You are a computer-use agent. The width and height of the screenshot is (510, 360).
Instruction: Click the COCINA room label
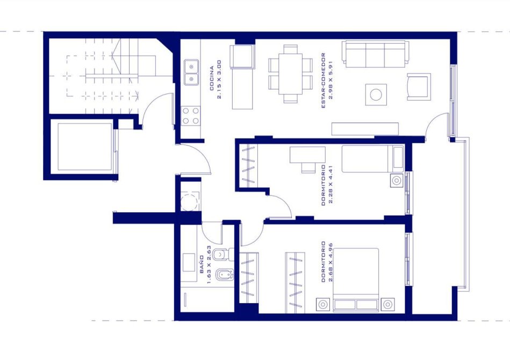(x=212, y=78)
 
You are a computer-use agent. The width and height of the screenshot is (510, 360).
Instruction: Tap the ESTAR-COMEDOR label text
(x=324, y=80)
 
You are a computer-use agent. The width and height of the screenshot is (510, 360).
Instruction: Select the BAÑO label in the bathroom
(x=202, y=264)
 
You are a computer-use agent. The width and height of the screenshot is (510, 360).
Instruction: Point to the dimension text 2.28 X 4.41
(x=331, y=185)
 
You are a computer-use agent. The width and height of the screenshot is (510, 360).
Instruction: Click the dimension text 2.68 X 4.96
(x=331, y=262)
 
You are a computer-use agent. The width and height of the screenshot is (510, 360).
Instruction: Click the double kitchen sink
(x=191, y=73)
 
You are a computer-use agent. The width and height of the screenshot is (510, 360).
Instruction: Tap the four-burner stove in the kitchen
(x=191, y=116)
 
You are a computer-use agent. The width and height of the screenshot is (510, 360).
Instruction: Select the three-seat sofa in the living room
(x=375, y=54)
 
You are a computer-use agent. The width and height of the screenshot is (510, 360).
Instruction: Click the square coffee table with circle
(x=376, y=95)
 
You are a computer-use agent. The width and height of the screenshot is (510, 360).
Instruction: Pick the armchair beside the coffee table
(x=419, y=87)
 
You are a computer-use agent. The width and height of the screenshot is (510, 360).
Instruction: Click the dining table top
(x=290, y=74)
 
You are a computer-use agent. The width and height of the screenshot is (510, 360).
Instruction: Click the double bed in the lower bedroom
(x=356, y=280)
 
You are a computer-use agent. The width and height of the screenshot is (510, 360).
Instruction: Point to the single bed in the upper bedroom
(x=373, y=159)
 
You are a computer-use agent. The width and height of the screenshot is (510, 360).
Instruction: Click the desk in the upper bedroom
(x=307, y=155)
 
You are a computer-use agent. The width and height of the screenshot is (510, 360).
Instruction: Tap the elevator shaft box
(x=85, y=147)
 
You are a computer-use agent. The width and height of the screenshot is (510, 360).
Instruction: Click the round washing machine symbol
(x=189, y=202)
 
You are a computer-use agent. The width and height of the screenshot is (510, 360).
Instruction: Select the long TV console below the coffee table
(x=365, y=129)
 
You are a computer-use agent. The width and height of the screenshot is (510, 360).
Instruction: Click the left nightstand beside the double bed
(x=322, y=305)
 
